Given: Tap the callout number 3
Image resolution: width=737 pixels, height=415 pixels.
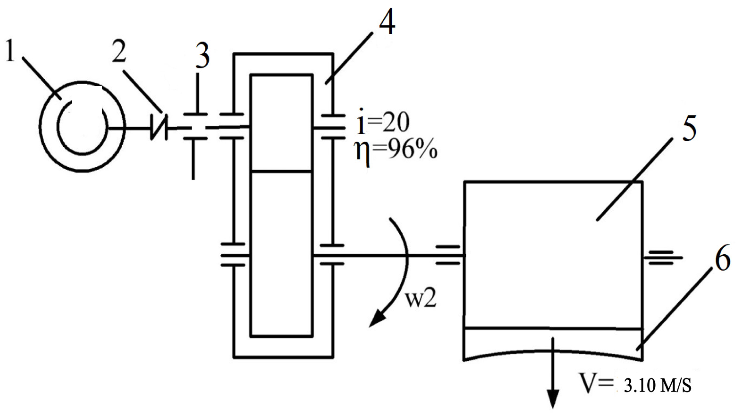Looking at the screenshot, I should pos(202,57).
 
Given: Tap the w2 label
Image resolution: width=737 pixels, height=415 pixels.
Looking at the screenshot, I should pos(421,300).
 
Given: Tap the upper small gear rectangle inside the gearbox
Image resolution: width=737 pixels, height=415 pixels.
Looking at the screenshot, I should pos(281,123).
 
